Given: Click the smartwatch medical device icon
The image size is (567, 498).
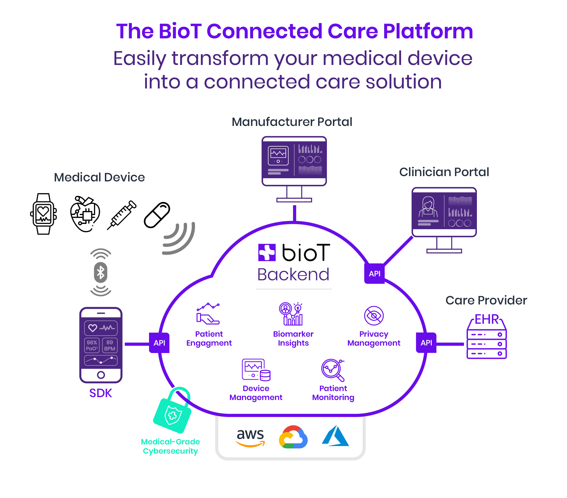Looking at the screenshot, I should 43,214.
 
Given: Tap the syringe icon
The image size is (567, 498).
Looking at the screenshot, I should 122,215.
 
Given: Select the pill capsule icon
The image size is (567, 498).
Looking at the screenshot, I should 157,215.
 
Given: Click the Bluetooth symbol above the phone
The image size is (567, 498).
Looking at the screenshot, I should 101,272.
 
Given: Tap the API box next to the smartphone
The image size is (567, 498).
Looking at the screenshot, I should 159,343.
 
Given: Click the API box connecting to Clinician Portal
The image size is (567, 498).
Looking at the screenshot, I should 374,274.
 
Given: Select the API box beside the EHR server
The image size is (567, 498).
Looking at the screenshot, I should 426,343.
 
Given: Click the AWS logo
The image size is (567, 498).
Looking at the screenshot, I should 250,438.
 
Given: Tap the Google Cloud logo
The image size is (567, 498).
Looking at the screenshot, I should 293,437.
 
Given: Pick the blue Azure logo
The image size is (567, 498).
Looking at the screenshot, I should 335,436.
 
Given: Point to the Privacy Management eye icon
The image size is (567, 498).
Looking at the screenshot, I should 374,316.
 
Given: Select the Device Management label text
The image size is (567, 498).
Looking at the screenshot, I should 256,393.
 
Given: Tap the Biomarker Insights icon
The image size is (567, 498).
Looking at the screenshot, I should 291,314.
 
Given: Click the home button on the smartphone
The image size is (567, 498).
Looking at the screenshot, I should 101,375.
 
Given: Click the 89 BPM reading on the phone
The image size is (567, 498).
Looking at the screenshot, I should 110,345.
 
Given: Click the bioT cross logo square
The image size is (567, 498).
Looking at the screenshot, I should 267,252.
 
